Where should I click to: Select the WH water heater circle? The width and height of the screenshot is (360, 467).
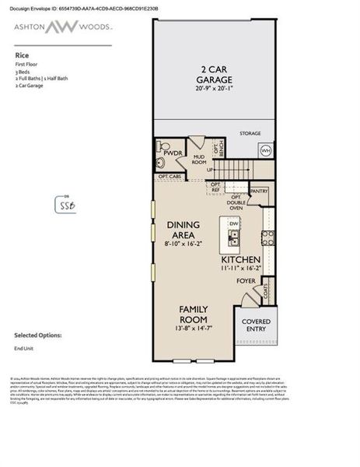[266, 150]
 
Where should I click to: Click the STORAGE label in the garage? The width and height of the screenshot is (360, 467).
[250, 133]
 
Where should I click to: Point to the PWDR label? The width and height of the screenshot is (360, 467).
[173, 153]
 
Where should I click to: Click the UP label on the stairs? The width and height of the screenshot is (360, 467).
[209, 170]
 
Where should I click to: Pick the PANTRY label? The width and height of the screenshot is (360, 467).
[259, 190]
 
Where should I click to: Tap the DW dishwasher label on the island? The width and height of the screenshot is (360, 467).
[232, 223]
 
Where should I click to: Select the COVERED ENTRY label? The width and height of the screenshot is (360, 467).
[256, 325]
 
